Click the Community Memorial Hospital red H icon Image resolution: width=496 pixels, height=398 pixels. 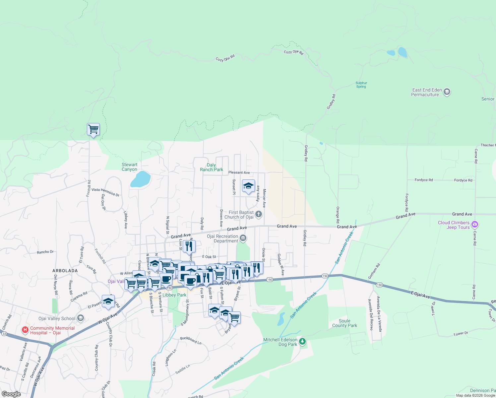tap(25, 330)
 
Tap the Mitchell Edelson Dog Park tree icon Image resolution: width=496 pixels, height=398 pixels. tap(302, 341)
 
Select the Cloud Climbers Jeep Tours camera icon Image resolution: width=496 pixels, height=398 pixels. tap(475, 225)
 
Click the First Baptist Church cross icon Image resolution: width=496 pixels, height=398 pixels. tap(259, 214)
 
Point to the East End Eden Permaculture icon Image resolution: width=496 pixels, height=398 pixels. tap(447, 92)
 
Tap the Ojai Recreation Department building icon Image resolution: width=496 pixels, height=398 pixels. tap(243, 238)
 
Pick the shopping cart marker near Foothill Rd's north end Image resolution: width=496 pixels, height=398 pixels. tap(93, 129)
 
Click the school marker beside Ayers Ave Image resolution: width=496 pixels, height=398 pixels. tap(248, 186)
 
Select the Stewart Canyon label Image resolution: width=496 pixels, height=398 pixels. tap(129, 167)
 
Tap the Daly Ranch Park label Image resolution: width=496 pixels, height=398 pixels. tap(212, 167)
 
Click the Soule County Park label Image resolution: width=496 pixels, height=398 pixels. tap(344, 323)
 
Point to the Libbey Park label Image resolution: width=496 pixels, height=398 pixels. tap(174, 295)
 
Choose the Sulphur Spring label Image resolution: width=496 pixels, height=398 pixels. tap(361, 85)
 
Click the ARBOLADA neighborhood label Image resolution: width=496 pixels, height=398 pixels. tap(65, 271)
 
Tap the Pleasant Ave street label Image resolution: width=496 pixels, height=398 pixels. tap(239, 172)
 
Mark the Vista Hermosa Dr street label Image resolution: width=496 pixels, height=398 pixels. tap(105, 192)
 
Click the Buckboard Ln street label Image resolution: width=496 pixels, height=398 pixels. tap(191, 340)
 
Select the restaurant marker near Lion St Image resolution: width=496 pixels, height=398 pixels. tap(189, 246)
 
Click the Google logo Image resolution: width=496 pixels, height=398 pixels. tap(11, 394)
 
